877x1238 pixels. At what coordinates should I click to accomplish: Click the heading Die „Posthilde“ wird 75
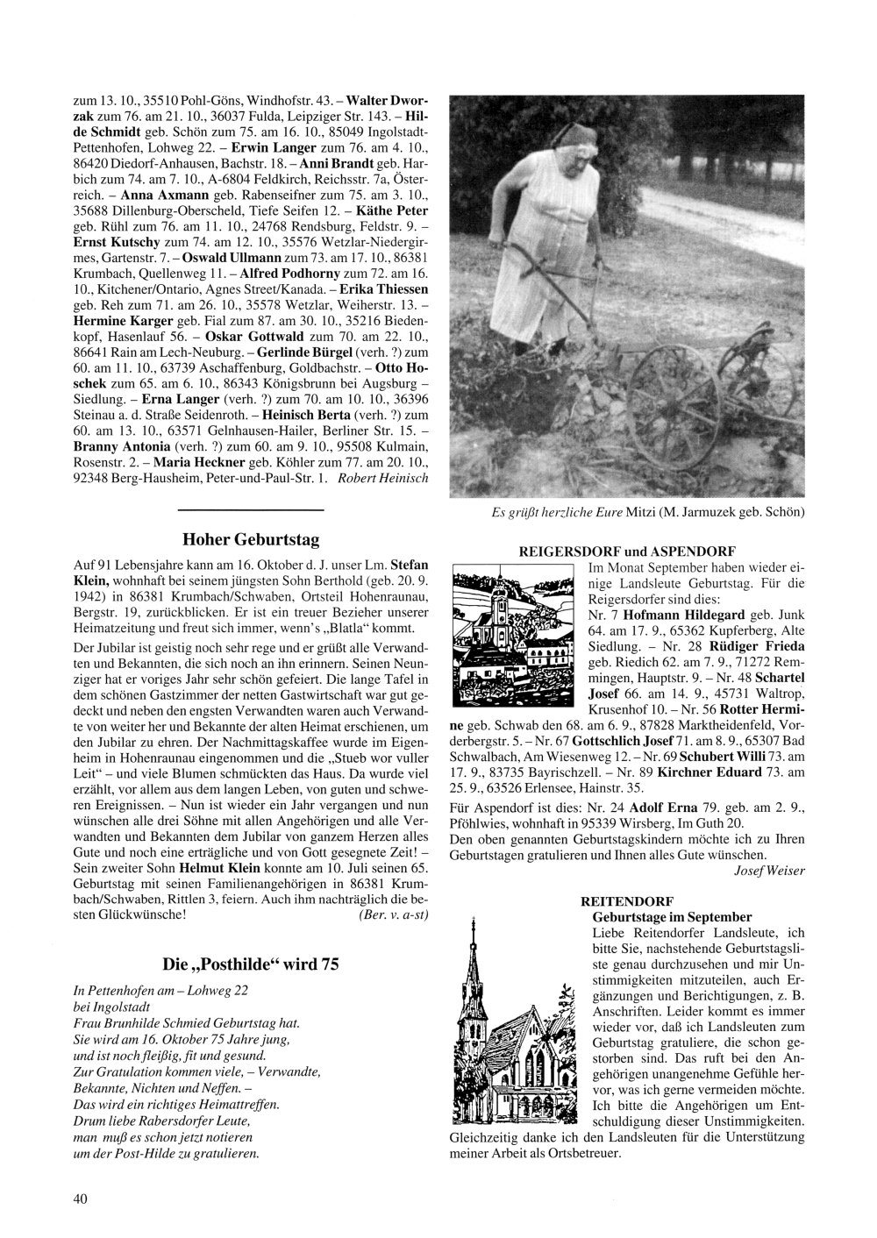[251, 964]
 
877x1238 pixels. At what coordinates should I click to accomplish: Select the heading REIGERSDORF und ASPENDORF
[627, 551]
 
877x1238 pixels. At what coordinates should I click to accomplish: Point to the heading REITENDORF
[627, 900]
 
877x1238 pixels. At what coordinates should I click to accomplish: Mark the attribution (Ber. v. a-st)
[394, 914]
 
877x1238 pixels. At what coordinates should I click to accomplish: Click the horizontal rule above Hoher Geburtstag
[251, 509]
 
